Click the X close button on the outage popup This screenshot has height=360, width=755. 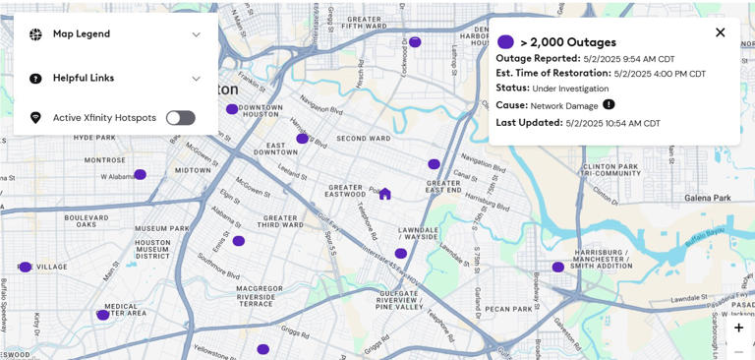tap(721, 32)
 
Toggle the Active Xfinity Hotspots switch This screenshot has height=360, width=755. tap(180, 118)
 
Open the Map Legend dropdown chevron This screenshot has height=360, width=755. tap(196, 34)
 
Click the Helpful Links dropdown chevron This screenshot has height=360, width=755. tap(196, 79)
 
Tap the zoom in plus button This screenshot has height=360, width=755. tap(738, 328)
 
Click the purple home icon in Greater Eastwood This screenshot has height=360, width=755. tap(384, 194)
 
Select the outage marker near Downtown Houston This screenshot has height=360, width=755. tap(232, 109)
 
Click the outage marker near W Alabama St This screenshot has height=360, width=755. tap(140, 174)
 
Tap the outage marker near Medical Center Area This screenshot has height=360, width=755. tap(102, 315)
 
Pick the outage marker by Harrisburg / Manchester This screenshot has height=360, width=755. tap(557, 267)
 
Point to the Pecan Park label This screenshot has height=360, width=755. tap(508, 309)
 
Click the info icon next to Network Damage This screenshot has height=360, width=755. tap(609, 104)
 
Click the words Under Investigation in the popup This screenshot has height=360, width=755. tap(570, 89)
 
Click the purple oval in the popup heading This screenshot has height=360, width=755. tap(505, 42)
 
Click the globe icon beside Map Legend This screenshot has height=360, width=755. tap(35, 34)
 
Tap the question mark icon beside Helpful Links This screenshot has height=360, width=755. tap(35, 79)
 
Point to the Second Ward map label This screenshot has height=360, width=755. tap(363, 139)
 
